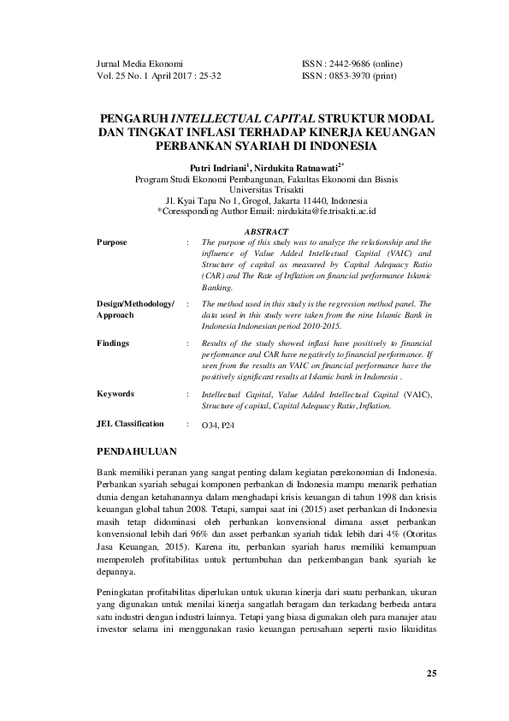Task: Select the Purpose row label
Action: point(112,242)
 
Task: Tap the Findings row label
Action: point(114,343)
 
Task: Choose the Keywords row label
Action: point(115,394)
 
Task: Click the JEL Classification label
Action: point(129,424)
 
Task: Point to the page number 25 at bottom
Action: point(431,673)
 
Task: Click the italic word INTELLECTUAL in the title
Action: point(222,116)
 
